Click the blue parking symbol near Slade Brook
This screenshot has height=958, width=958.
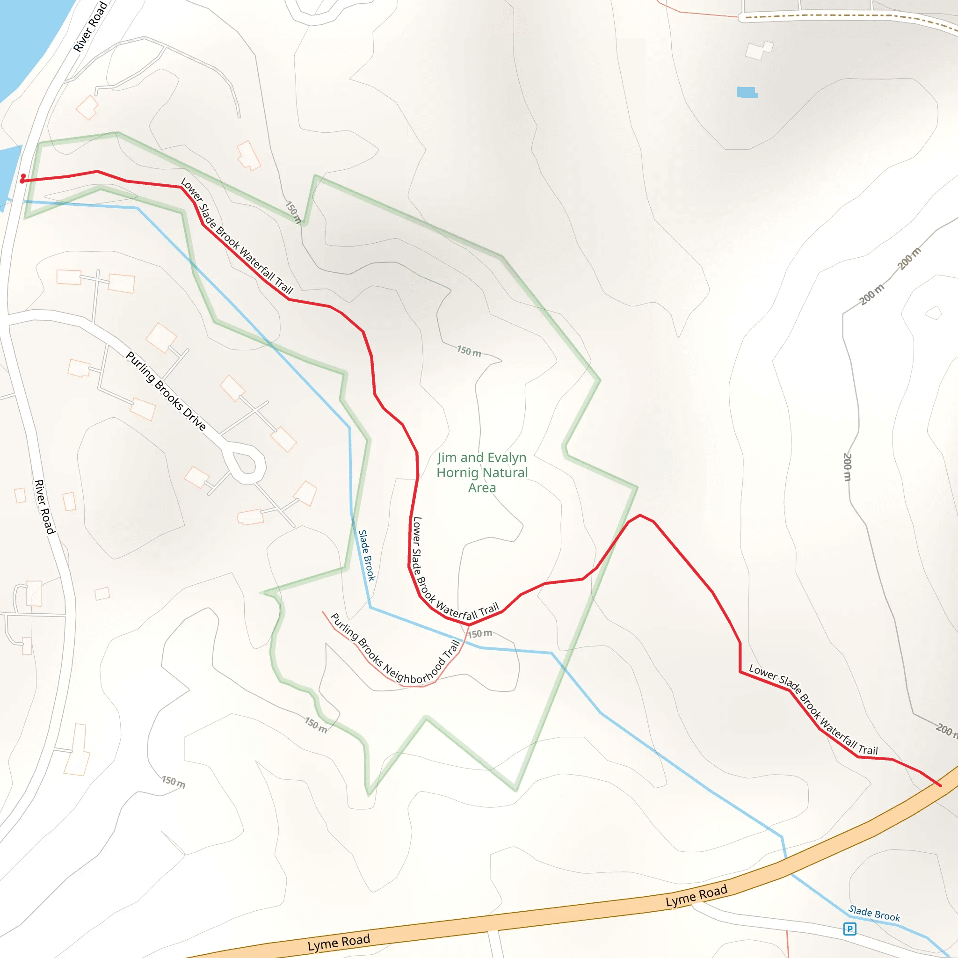(849, 929)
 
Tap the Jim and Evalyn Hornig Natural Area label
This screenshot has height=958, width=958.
(482, 472)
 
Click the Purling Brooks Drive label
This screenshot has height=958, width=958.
(166, 391)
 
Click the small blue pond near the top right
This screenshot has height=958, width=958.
(746, 92)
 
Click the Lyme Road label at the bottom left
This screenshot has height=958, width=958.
(339, 942)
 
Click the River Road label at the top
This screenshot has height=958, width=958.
(90, 27)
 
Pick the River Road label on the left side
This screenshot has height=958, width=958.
(44, 506)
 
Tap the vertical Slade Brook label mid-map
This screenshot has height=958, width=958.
(367, 555)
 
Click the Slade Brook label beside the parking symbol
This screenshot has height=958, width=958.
(874, 914)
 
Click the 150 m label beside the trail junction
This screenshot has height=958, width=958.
(480, 634)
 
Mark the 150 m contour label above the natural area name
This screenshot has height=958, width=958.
(469, 351)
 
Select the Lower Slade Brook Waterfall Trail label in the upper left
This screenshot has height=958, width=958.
(237, 236)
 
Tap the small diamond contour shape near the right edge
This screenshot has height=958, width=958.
(934, 313)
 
